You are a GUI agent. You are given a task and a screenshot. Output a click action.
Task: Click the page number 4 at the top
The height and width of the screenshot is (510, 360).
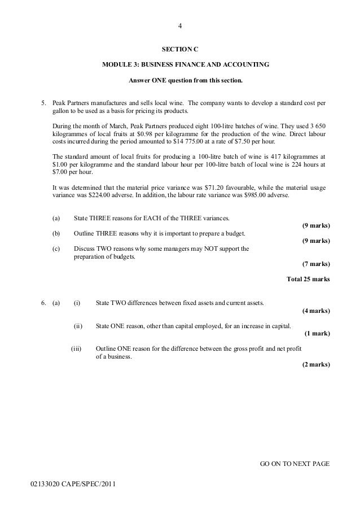180,26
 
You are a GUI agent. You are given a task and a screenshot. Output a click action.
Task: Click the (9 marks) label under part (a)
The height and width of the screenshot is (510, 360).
317,225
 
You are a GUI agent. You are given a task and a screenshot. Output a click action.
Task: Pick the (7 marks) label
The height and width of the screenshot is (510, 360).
317,263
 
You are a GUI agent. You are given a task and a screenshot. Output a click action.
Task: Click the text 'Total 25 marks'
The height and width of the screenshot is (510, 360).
309,279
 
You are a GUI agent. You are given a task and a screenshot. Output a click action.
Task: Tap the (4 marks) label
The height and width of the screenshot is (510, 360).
316,311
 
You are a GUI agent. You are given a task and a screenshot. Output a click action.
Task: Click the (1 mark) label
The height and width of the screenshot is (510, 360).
317,333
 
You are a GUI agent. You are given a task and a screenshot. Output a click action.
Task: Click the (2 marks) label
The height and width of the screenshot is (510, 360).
317,364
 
